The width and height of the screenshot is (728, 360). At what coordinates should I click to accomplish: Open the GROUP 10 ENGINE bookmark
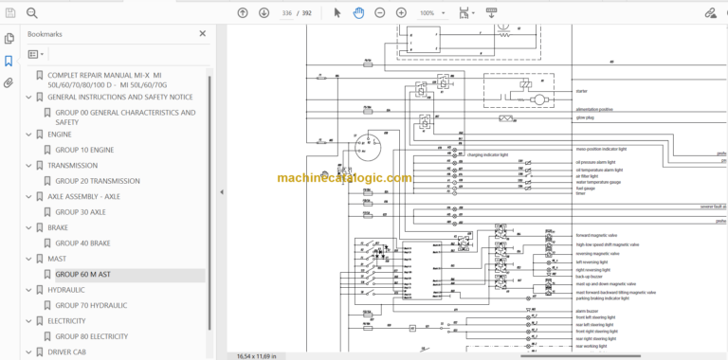[x=84, y=150]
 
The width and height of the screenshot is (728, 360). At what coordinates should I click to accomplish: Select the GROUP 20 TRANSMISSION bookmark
[x=97, y=181]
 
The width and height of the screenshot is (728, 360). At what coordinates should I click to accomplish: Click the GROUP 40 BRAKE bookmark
[x=82, y=243]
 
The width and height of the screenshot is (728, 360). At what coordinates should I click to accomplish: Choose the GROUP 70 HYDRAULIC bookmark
[x=91, y=306]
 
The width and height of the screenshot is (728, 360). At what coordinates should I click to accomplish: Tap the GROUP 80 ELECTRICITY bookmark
[x=91, y=336]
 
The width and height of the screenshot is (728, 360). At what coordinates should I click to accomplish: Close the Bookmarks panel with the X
[x=202, y=33]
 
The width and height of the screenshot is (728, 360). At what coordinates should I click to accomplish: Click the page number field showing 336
[x=287, y=13]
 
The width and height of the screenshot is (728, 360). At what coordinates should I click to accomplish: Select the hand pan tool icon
[x=358, y=13]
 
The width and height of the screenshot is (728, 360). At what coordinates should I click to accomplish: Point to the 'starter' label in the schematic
[x=582, y=92]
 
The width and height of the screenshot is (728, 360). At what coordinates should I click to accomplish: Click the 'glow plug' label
[x=586, y=118]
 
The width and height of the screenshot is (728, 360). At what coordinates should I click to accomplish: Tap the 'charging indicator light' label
[x=489, y=153]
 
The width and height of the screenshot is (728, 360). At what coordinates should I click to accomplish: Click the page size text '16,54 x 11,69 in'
[x=256, y=355]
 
